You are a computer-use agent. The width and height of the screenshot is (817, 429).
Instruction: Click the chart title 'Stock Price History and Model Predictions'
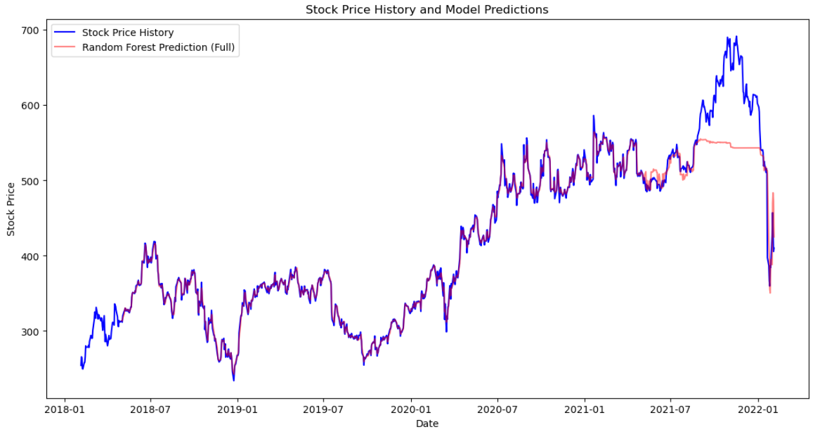427,10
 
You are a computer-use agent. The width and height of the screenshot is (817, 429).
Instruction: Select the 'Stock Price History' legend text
128,33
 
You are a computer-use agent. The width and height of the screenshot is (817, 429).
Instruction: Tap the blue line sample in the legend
66,33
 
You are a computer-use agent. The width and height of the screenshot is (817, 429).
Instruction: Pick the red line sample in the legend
66,48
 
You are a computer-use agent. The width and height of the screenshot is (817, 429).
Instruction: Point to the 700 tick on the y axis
31,30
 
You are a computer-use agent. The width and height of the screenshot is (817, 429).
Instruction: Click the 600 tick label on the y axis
31,106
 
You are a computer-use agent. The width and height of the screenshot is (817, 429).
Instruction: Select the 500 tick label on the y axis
31,181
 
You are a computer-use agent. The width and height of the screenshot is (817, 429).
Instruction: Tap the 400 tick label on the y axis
31,256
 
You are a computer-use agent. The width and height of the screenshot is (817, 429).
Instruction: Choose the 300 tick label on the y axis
31,332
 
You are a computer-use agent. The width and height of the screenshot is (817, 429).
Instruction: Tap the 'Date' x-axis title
427,423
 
